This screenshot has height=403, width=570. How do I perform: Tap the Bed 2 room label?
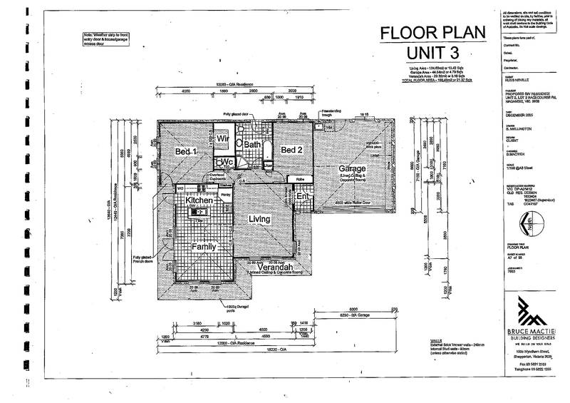pyautogui.click(x=292, y=151)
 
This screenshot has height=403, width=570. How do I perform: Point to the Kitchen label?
pyautogui.click(x=200, y=202)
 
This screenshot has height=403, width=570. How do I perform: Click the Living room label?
pyautogui.click(x=259, y=219)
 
